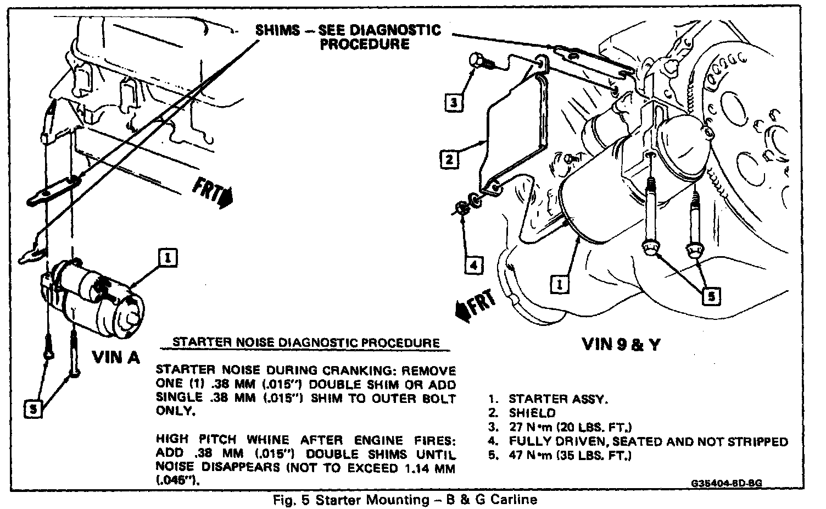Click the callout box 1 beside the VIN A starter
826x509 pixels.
(x=169, y=257)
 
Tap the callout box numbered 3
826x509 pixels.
(x=453, y=103)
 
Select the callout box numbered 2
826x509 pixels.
(x=449, y=159)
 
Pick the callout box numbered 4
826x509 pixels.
(x=473, y=265)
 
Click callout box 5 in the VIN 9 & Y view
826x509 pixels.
(x=711, y=297)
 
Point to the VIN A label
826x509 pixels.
(x=116, y=357)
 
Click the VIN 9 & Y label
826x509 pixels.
(x=621, y=344)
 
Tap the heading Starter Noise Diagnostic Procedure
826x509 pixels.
(x=306, y=342)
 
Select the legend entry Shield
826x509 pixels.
(x=532, y=413)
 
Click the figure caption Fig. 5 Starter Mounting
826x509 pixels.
(x=404, y=500)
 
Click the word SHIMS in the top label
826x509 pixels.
(x=277, y=30)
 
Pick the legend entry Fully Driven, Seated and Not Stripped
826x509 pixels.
(x=648, y=441)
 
